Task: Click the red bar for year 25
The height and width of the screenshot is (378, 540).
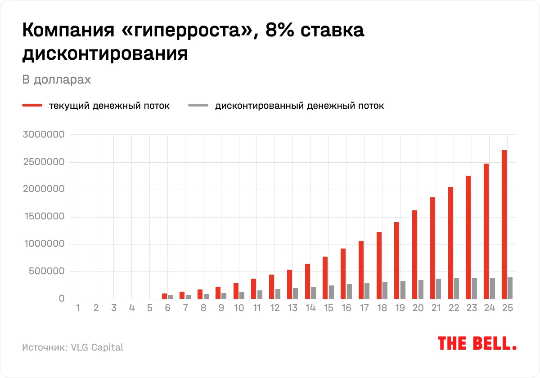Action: coord(504,224)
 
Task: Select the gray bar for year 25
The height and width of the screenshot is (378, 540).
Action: coord(510,288)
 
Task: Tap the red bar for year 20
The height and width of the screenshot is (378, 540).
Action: coord(414,254)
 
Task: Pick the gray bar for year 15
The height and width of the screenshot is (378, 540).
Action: coord(331,292)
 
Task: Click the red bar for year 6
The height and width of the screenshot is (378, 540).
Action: coord(164,296)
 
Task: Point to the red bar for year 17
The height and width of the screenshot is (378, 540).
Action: coord(361,270)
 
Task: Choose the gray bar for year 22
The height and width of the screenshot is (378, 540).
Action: coord(456,289)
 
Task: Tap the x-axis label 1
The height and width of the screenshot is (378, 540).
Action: coord(78,308)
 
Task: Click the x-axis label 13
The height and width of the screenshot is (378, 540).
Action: coord(292,308)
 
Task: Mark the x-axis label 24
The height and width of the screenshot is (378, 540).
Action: coord(489,308)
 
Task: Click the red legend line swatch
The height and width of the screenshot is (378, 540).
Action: coord(32,106)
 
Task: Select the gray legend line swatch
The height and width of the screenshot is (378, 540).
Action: coord(198,106)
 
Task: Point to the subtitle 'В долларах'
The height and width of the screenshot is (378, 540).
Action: coord(56,80)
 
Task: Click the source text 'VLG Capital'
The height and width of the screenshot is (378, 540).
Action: coord(97,347)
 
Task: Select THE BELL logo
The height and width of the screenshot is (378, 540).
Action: coord(477,344)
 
